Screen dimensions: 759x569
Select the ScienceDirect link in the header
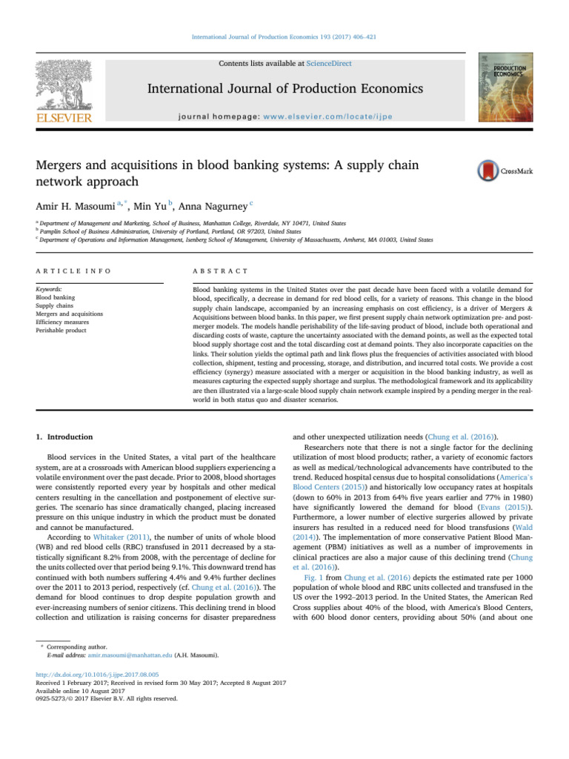point(330,64)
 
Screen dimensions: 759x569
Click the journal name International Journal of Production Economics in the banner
point(284,89)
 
